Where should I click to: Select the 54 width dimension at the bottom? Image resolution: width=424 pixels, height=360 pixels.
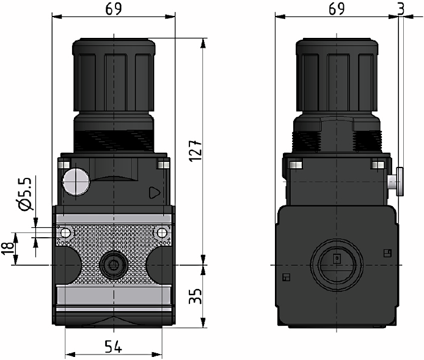pos(112,347)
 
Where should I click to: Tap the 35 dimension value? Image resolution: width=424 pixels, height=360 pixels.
pos(195,298)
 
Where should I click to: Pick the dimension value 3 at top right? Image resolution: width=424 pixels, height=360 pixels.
pos(400,9)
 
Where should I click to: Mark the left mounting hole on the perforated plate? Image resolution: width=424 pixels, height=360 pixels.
pos(64,232)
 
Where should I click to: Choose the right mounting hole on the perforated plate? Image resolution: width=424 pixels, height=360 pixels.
pos(161,232)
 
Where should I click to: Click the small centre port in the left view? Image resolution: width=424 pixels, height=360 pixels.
pos(112,265)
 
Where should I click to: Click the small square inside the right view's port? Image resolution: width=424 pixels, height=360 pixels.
pos(336,259)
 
